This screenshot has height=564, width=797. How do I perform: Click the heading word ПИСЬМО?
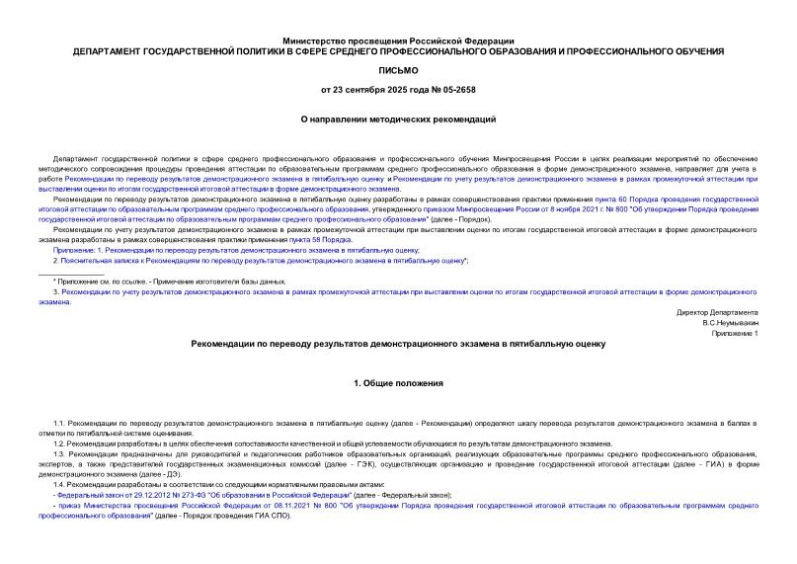tap(398, 71)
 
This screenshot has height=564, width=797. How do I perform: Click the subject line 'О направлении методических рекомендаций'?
tap(398, 119)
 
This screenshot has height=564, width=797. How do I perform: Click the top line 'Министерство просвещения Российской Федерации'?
tap(398, 40)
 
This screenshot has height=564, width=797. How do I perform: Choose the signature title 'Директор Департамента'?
tap(711, 312)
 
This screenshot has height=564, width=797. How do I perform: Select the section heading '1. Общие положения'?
tap(398, 382)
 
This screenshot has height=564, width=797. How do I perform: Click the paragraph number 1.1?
tap(60, 423)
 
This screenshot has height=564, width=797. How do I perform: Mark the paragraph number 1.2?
tap(60, 443)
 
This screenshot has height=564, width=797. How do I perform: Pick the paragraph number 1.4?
tap(60, 484)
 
